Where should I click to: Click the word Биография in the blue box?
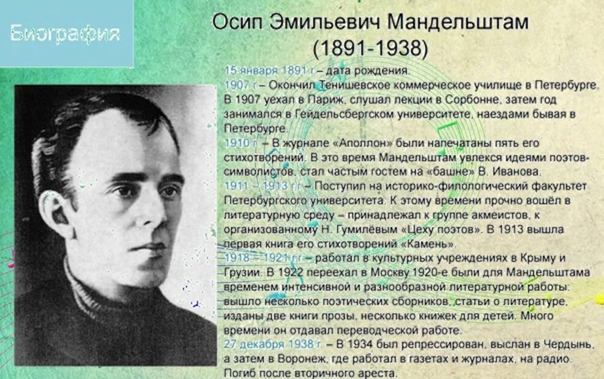click(x=64, y=34)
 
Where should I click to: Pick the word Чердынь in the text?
click(x=565, y=345)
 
